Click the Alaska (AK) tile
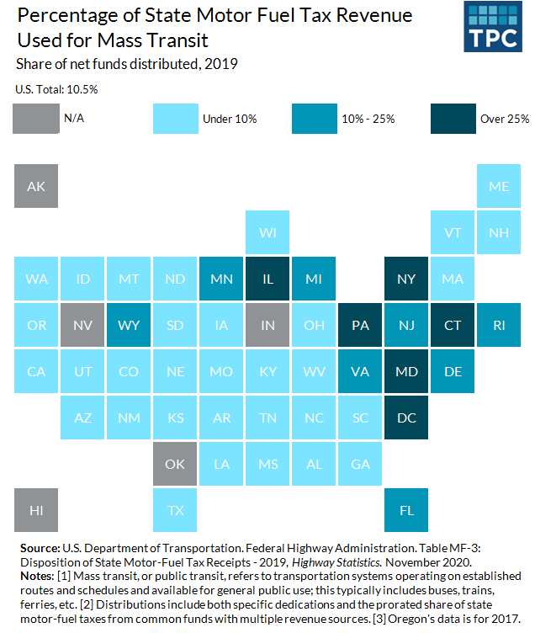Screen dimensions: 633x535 (36, 186)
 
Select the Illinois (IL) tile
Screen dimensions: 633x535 (267, 279)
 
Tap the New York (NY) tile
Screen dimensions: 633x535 (406, 279)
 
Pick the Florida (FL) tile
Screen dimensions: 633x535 (406, 510)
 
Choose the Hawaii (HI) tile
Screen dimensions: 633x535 (36, 510)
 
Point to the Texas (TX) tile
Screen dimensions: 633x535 (175, 510)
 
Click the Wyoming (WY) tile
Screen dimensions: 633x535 (129, 325)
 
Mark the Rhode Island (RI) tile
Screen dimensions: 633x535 (499, 325)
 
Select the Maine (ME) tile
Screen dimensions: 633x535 (499, 186)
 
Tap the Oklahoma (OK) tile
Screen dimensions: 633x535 (175, 464)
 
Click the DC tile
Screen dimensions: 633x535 (406, 418)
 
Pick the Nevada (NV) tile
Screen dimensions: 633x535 (82, 325)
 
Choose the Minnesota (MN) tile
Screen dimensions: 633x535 (221, 279)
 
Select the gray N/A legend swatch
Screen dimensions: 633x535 (36, 119)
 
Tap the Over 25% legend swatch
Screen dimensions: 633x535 (452, 119)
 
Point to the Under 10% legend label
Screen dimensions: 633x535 (230, 119)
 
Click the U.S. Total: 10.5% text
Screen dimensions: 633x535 (50, 88)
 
